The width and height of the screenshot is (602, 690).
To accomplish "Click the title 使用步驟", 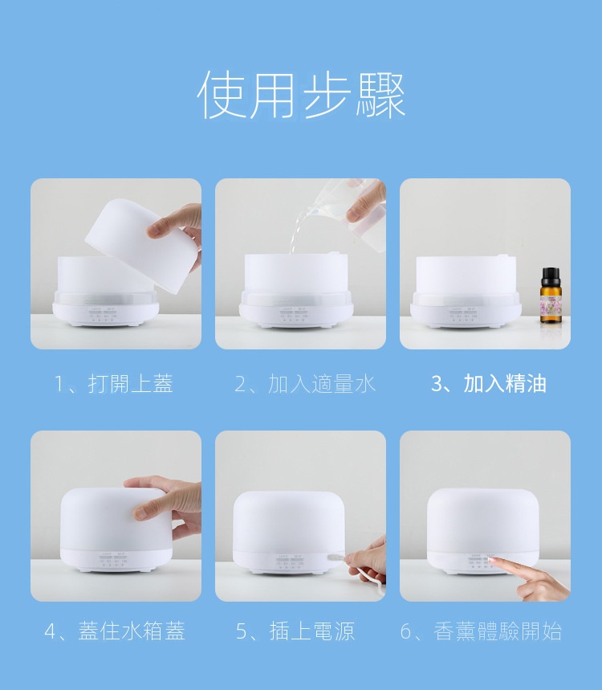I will pyautogui.click(x=301, y=95).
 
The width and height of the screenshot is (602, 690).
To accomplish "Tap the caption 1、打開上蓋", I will pyautogui.click(x=114, y=384).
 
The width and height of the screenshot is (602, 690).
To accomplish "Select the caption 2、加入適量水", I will pyautogui.click(x=305, y=384).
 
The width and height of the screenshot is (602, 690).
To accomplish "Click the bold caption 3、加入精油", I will pyautogui.click(x=489, y=384).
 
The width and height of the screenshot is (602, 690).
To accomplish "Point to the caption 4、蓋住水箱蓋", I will pyautogui.click(x=115, y=631).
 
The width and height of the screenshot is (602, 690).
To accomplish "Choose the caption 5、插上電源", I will pyautogui.click(x=295, y=631).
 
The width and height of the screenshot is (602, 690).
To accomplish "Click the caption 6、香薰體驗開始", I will pyautogui.click(x=481, y=631).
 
